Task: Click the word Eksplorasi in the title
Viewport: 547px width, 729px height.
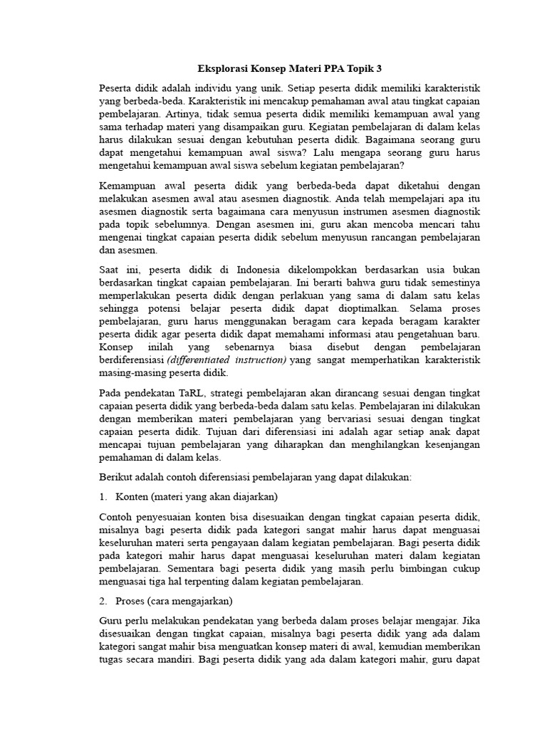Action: tap(222, 69)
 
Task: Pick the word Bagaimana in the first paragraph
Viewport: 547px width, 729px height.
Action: tap(387, 140)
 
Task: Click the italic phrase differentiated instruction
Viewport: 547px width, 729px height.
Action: tap(226, 360)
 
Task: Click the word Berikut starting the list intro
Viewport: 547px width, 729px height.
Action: tap(117, 477)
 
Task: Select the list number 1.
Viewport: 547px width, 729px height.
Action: tap(103, 495)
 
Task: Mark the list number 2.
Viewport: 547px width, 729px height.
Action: tap(103, 601)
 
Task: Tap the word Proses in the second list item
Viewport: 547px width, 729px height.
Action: tap(131, 601)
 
